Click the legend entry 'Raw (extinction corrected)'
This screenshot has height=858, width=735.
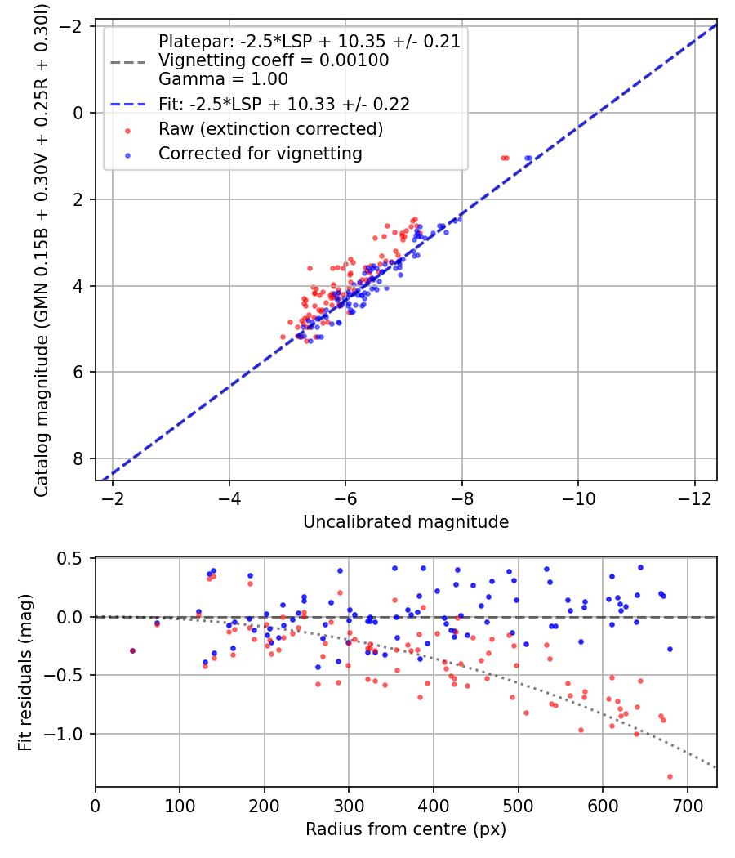coord(270,129)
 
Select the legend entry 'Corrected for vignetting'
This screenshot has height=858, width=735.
coord(260,153)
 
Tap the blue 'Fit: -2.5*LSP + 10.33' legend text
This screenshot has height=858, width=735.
coord(284,105)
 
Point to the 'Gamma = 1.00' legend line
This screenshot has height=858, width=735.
coord(223,79)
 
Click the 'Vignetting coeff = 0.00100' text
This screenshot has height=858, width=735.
coord(274,60)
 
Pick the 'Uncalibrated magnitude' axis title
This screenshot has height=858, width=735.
coord(406,521)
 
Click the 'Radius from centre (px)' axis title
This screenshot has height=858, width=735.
coord(406,829)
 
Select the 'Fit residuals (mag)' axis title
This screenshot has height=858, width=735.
coord(25,672)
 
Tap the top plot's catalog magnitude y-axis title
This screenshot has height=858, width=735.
coord(42,249)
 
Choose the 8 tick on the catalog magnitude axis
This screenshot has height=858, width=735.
coord(80,458)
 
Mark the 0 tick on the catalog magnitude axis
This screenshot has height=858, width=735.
coord(80,113)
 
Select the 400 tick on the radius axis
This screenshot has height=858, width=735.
coord(434,806)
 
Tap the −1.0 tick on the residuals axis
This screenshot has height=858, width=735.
coord(70,734)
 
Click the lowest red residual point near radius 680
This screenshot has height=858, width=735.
coord(670,776)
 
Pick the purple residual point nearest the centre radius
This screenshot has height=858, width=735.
coord(132,650)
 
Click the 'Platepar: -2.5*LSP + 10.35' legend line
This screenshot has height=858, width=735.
coord(309,42)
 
